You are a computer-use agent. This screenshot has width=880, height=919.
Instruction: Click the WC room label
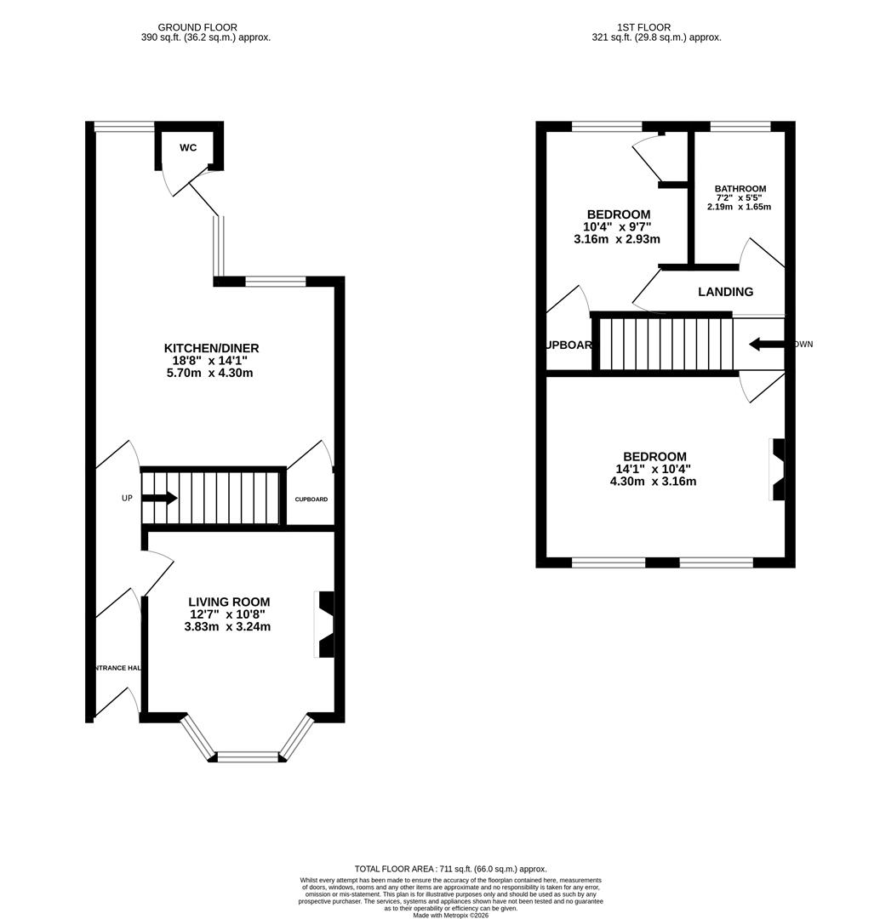click(x=188, y=148)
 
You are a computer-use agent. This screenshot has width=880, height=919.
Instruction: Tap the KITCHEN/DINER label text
click(x=211, y=348)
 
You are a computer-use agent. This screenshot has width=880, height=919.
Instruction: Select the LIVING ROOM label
click(x=227, y=602)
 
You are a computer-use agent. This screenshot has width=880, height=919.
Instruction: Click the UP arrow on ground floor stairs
click(x=160, y=498)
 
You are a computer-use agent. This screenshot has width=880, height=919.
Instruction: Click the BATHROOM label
click(x=740, y=189)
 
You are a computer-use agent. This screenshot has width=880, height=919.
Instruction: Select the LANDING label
click(x=725, y=292)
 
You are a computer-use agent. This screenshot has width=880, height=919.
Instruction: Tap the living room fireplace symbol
click(x=326, y=625)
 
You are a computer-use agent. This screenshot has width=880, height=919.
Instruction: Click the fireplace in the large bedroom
click(x=777, y=470)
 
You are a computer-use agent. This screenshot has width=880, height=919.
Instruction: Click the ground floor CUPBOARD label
click(x=311, y=499)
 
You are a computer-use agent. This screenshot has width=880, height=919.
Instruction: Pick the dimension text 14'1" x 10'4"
click(x=653, y=469)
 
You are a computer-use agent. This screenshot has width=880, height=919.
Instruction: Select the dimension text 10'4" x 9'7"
click(x=617, y=227)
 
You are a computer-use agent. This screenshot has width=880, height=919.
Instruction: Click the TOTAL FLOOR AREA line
click(x=450, y=869)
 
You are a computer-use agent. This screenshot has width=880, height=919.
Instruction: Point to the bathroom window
click(x=740, y=128)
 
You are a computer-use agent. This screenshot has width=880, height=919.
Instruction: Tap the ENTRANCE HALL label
click(x=117, y=668)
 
